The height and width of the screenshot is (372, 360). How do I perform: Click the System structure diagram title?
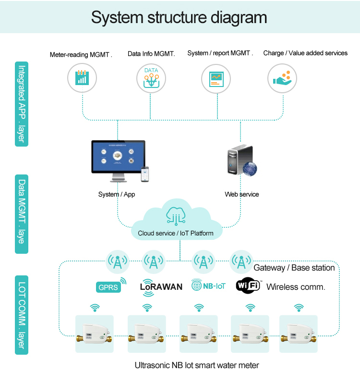[179, 17]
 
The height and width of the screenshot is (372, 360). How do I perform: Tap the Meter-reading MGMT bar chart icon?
[82, 78]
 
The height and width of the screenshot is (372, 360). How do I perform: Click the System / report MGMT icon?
[216, 78]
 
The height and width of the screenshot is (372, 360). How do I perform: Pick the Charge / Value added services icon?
[282, 78]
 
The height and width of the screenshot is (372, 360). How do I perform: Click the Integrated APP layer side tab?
[22, 104]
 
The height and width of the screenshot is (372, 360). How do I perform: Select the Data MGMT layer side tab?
[22, 213]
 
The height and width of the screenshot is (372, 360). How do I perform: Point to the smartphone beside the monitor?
[144, 174]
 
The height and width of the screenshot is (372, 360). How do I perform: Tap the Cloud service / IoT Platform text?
[176, 233]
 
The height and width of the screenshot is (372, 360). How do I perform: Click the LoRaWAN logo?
[161, 286]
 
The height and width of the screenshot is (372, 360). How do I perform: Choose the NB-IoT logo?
[208, 285]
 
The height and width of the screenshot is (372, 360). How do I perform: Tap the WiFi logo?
[248, 286]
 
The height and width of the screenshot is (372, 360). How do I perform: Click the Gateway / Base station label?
[294, 268]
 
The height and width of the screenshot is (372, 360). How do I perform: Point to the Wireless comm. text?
[296, 287]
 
